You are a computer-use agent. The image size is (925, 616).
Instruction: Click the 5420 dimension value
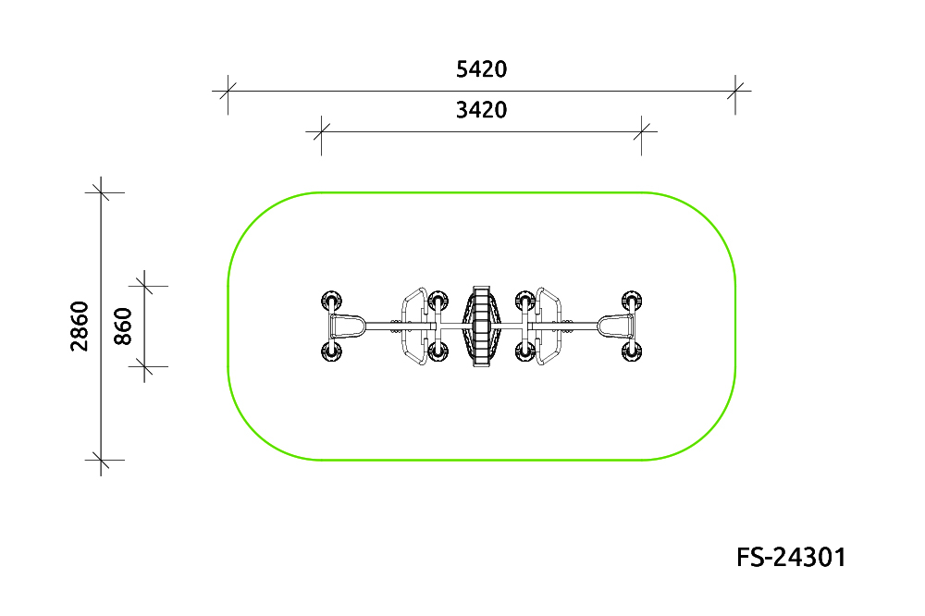pyautogui.click(x=481, y=69)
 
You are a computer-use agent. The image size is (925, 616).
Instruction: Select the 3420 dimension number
pyautogui.click(x=481, y=110)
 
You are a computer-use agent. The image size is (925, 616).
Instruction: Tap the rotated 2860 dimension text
pyautogui.click(x=80, y=326)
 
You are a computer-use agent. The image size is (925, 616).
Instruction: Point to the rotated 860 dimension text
pyautogui.click(x=123, y=326)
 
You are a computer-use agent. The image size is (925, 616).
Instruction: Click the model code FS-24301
pyautogui.click(x=791, y=558)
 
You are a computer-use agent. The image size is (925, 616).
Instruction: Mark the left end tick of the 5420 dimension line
pyautogui.click(x=228, y=92)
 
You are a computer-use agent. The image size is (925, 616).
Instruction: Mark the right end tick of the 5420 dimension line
pyautogui.click(x=735, y=92)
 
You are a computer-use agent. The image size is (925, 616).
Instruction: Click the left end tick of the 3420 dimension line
pyautogui.click(x=322, y=131)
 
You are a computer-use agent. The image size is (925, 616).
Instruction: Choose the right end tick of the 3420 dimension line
pyautogui.click(x=641, y=131)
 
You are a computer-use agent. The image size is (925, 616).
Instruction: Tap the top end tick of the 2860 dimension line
pyautogui.click(x=101, y=192)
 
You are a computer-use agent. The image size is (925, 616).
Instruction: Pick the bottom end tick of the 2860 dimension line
pyautogui.click(x=101, y=460)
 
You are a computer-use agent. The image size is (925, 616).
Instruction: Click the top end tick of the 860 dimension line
pyautogui.click(x=144, y=286)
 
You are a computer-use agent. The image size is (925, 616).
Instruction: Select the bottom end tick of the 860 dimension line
pyautogui.click(x=144, y=366)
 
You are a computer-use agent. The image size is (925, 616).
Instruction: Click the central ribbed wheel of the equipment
pyautogui.click(x=481, y=326)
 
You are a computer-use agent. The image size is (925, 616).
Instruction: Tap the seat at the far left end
pyautogui.click(x=347, y=326)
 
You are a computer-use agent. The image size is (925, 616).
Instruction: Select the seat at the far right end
pyautogui.click(x=616, y=326)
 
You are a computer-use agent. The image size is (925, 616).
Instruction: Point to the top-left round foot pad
pyautogui.click(x=331, y=301)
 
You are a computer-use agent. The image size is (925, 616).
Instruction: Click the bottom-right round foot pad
pyautogui.click(x=632, y=352)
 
